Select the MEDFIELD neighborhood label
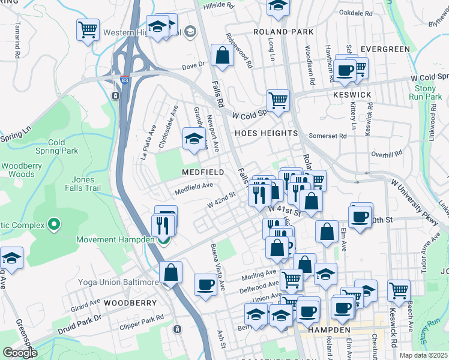point(203,172)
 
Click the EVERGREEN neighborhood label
point(385,49)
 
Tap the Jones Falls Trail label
point(83,184)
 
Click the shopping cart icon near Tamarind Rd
point(88,29)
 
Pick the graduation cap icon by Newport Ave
point(194,139)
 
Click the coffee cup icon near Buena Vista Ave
point(205,284)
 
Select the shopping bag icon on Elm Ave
point(326,233)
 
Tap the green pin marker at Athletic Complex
point(54,225)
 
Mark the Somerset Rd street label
point(328,136)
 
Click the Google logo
point(20,353)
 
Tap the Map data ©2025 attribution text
point(423,355)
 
